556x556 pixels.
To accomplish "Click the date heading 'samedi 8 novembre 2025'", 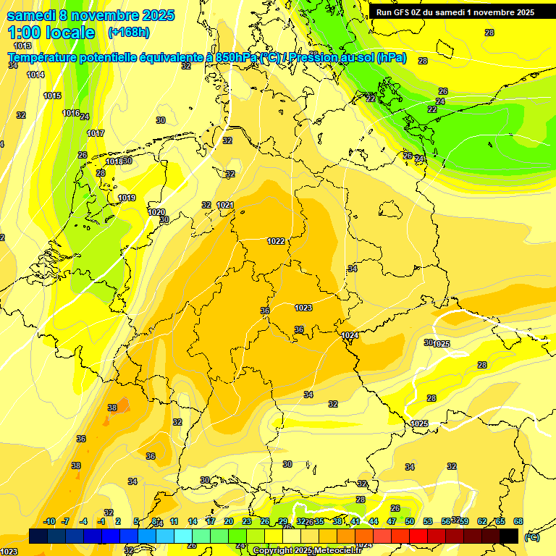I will (90, 15).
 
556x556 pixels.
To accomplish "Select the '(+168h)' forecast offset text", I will (129, 32).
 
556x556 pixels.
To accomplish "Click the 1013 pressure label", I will (22, 46).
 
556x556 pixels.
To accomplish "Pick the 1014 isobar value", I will (35, 75).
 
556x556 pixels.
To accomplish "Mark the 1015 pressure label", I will (52, 96).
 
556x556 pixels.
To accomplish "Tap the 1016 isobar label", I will (70, 113).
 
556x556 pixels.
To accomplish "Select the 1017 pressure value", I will (96, 133).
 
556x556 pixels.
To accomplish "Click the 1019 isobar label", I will (127, 198).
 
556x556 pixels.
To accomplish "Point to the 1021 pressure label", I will (225, 205).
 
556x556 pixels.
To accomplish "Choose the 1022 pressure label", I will (276, 241).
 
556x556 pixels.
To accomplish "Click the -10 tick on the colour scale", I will (49, 521).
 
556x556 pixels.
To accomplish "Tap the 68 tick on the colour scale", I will (518, 521).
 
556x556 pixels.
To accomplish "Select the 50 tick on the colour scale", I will (410, 521).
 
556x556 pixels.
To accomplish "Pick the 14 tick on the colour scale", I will (193, 521).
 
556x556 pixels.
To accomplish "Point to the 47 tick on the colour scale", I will (392, 521).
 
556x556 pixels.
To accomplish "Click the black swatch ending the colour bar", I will (509, 536).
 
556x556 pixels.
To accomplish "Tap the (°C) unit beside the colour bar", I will (531, 536).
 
